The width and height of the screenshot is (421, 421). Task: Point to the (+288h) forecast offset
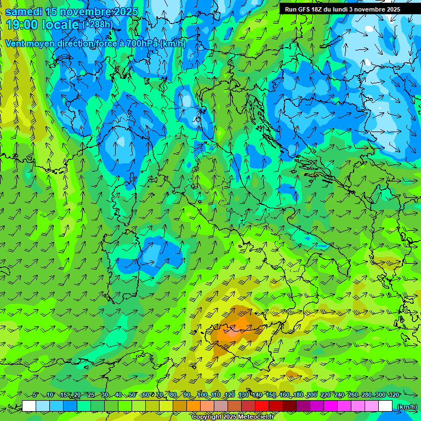98,25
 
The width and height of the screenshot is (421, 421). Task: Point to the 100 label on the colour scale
202,395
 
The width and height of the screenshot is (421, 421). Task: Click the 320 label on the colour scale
393,395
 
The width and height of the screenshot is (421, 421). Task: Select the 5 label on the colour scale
36,395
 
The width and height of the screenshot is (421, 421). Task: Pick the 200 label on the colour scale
311,395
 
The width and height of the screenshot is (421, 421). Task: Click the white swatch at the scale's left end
29,406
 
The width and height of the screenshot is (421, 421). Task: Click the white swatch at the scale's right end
385,406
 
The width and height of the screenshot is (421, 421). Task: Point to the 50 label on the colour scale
132,395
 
